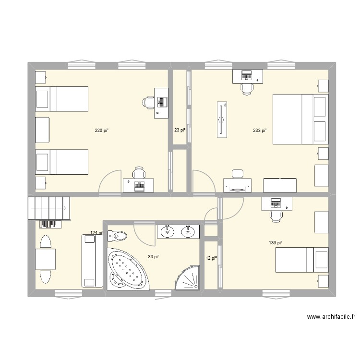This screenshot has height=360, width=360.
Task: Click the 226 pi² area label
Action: [101, 130]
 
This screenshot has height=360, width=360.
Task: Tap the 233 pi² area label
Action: [260, 130]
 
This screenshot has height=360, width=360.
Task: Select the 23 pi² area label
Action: [180, 130]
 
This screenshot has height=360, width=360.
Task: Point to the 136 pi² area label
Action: [276, 243]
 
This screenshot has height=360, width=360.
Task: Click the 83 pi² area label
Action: [154, 256]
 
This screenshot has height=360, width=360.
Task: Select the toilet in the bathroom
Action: [117, 236]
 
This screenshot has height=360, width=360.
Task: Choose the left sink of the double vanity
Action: [168, 232]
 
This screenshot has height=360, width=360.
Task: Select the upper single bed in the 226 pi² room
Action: [61, 98]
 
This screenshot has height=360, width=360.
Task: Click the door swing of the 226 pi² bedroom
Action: [110, 182]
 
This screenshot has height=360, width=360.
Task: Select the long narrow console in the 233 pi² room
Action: [221, 119]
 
